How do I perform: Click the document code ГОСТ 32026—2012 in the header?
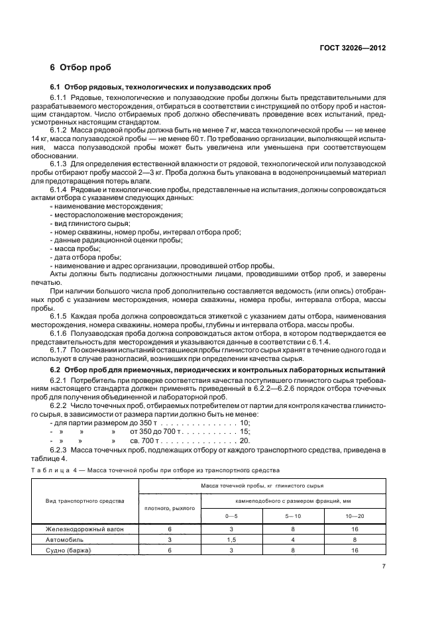(x=353, y=47)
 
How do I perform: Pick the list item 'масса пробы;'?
(x=76, y=249)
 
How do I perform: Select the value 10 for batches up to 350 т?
(x=245, y=422)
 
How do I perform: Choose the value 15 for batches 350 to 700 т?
(x=245, y=431)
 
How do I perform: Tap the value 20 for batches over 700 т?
(x=245, y=439)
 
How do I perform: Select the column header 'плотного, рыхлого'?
(x=170, y=507)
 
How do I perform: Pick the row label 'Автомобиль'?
(x=64, y=540)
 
